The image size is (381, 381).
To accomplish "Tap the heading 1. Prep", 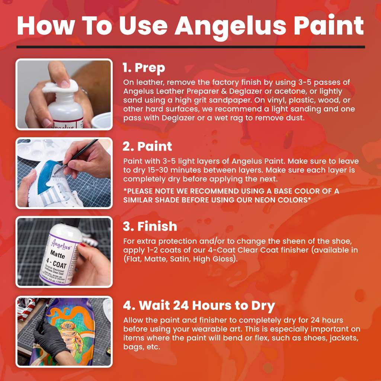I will click(x=144, y=68).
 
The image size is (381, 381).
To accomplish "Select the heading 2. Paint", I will click(x=147, y=147).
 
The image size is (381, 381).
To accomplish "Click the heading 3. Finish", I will click(x=150, y=226).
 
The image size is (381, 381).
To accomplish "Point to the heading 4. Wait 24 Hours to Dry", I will click(x=199, y=306).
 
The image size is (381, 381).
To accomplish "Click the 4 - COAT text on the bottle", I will click(x=59, y=265).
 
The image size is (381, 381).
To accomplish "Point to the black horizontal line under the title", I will click(x=190, y=47).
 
